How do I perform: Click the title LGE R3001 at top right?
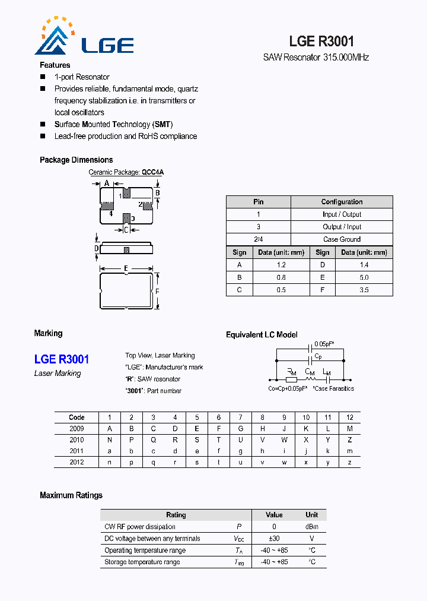tap(321, 41)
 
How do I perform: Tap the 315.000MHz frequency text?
tap(346, 58)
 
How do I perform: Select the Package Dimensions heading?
tap(76, 160)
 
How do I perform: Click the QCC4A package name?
tap(152, 172)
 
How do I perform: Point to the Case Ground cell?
tap(342, 239)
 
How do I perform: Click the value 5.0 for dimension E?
tap(364, 277)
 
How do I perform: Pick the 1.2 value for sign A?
tap(281, 265)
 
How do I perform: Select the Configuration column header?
tap(342, 202)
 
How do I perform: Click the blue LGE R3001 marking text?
tap(62, 359)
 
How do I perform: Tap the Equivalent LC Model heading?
tap(262, 335)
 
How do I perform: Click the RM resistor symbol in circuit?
tap(291, 378)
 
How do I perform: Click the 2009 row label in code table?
tap(77, 429)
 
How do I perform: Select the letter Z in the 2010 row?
tap(350, 440)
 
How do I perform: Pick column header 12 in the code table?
tap(350, 417)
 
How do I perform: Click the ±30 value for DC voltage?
tap(274, 539)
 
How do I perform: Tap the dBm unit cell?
tap(311, 527)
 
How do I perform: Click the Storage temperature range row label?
tap(142, 562)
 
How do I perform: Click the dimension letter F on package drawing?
tap(157, 292)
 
